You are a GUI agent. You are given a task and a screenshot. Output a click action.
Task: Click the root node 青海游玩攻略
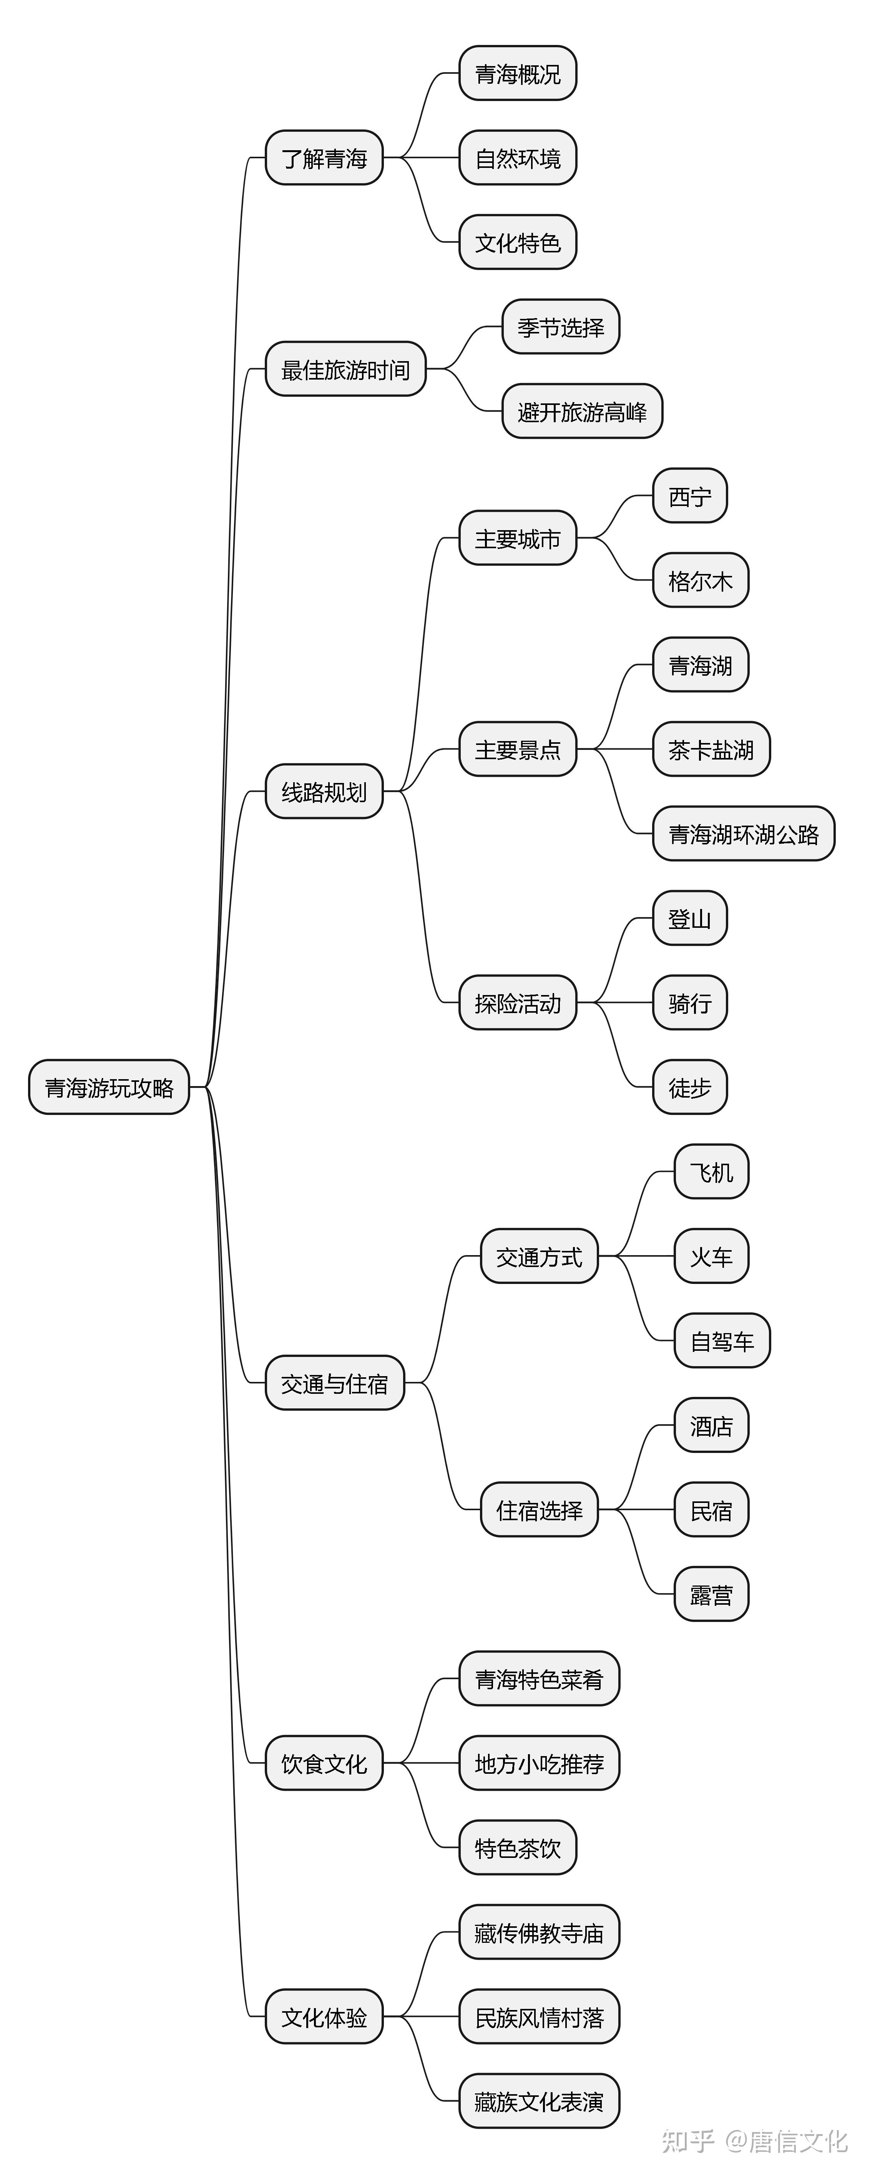[109, 1087]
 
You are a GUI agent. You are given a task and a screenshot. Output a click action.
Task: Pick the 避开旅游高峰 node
[582, 411]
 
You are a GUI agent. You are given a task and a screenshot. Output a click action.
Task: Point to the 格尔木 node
[700, 580]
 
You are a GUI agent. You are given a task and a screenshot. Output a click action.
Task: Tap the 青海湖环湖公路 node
[743, 834]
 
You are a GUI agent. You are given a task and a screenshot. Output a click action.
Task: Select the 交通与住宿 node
[334, 1383]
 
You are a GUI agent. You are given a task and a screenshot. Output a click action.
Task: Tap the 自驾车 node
[721, 1340]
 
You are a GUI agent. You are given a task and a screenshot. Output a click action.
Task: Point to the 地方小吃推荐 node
[539, 1763]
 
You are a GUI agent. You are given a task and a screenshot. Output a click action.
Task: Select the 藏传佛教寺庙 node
[539, 1932]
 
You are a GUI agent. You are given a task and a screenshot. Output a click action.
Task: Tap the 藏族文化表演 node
[539, 2101]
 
